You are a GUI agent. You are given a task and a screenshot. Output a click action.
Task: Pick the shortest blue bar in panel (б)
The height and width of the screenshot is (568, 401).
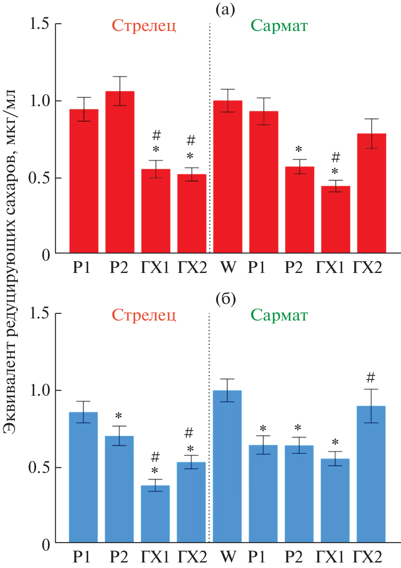tap(155, 514)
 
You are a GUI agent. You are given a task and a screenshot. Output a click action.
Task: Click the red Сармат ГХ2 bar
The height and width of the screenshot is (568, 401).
tap(371, 193)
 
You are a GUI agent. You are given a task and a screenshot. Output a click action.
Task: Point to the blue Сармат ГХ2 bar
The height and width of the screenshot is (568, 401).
tap(371, 474)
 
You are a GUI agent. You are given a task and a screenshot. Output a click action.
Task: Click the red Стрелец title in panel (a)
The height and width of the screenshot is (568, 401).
tap(144, 26)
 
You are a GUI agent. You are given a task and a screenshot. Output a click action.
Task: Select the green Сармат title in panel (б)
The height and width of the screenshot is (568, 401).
tap(279, 315)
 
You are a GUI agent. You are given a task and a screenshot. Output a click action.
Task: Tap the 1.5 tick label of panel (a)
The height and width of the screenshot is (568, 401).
tap(39, 24)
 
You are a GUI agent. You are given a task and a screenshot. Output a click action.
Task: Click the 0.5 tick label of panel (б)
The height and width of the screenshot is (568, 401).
tap(39, 467)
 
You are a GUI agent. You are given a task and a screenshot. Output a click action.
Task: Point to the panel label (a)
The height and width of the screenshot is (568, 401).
tap(225, 10)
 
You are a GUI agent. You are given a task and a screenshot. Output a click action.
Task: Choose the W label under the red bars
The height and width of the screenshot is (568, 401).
tap(229, 267)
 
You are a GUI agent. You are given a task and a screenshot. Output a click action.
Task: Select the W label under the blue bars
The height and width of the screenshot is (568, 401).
tap(229, 557)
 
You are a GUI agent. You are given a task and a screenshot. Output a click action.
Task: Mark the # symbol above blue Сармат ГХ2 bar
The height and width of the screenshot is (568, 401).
tap(370, 377)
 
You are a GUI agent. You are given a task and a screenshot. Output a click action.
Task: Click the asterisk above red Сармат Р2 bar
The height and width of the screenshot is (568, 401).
tap(299, 150)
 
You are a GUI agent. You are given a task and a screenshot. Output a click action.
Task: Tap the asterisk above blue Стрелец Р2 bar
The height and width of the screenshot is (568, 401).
tap(119, 416)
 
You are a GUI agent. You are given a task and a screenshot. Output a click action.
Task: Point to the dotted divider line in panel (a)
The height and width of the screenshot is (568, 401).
tap(210, 136)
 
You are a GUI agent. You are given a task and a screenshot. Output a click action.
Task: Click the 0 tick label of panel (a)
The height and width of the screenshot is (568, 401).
tap(46, 255)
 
